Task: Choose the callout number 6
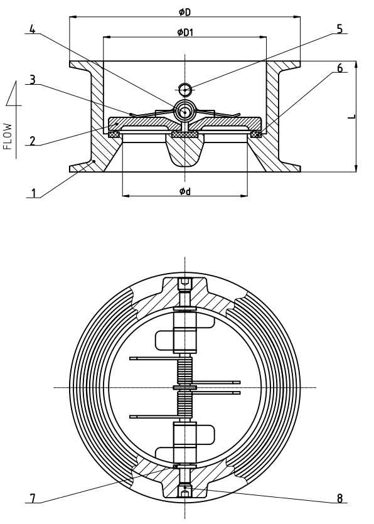coord(339,68)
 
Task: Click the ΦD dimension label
coord(184,12)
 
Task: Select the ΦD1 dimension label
coord(184,32)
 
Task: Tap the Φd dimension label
coord(184,191)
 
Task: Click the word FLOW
coord(8,136)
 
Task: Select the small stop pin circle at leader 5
coord(184,88)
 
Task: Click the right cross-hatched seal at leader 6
coord(257,134)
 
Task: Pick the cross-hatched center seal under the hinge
coord(184,134)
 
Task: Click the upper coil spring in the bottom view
coord(184,368)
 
